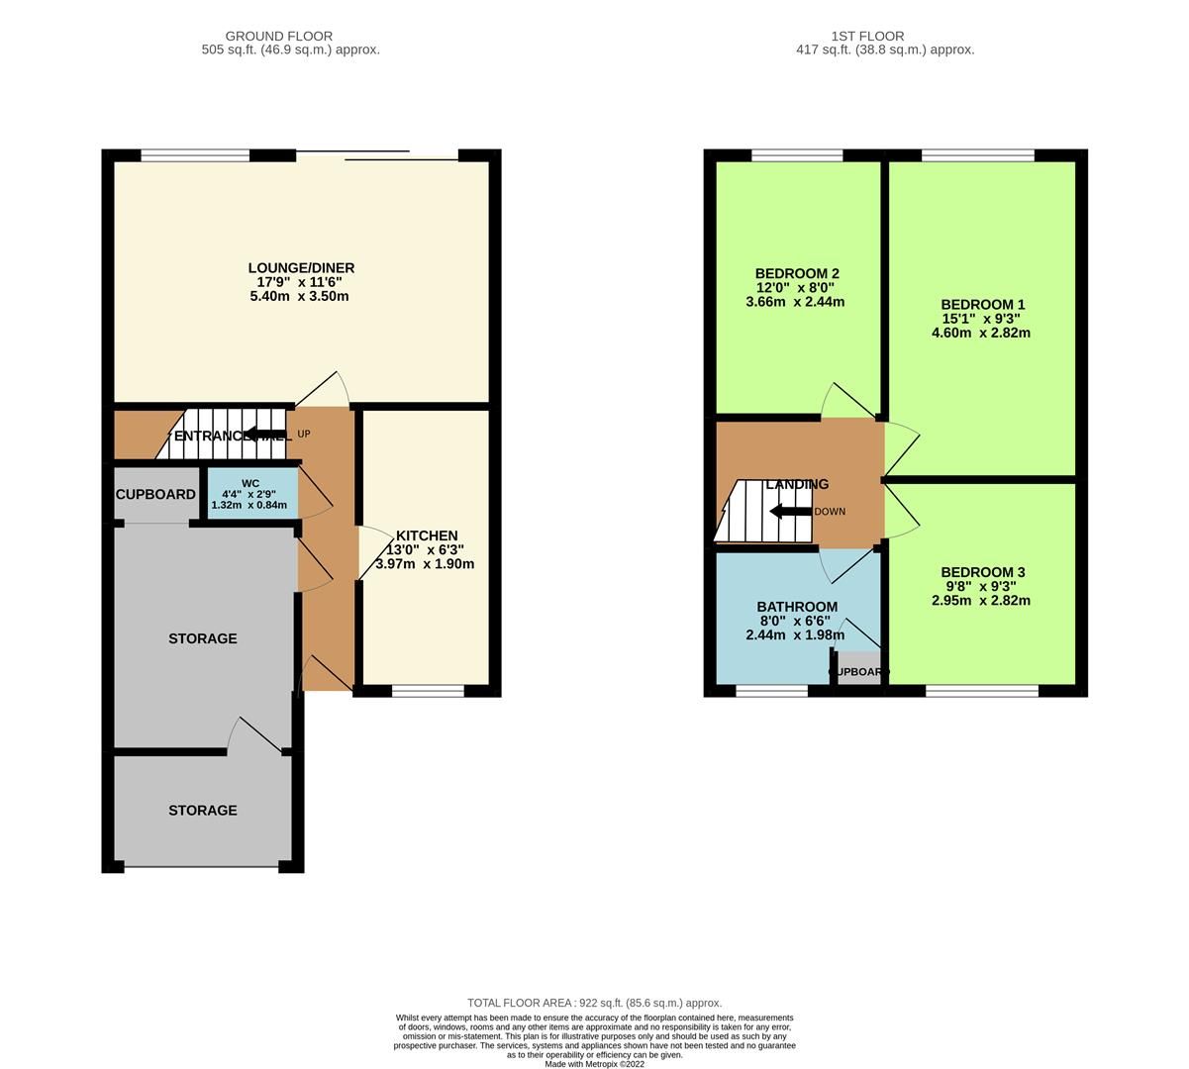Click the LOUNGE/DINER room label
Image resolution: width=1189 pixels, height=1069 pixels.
(x=301, y=268)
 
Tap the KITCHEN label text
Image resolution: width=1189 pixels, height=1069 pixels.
(x=428, y=535)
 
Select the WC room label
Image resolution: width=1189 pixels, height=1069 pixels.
(x=250, y=484)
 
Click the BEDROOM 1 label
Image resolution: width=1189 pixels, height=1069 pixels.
(x=982, y=305)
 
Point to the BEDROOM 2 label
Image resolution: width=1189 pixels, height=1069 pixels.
(x=797, y=273)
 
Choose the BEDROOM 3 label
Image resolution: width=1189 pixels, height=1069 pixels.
(x=982, y=572)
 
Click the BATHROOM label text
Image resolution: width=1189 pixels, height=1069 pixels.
(x=797, y=607)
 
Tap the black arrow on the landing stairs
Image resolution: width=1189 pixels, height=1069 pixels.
(x=789, y=512)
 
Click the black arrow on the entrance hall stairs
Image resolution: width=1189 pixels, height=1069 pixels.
(x=264, y=434)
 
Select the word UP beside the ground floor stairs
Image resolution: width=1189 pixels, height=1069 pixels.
(x=304, y=435)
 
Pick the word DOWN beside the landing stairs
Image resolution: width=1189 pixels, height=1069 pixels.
(x=830, y=512)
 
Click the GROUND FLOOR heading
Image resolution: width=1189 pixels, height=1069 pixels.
(x=279, y=37)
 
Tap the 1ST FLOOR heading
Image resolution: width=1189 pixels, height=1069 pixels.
(x=884, y=37)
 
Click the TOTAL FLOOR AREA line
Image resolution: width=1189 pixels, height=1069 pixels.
(x=594, y=1003)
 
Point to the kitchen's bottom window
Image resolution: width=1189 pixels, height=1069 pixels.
(x=428, y=691)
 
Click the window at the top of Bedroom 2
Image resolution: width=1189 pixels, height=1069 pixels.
(x=797, y=154)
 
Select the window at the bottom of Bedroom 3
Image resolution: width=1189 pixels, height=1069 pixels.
(x=982, y=691)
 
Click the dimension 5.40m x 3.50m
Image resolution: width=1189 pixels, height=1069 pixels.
(x=300, y=296)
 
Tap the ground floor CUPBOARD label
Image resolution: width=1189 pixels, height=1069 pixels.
(x=155, y=494)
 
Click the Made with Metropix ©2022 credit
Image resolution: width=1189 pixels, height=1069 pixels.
(x=594, y=1064)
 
